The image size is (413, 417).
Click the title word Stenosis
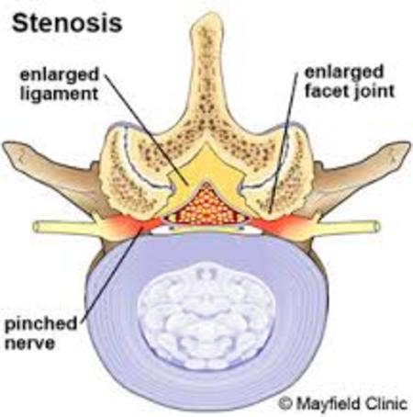67,23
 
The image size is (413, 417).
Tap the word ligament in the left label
59,94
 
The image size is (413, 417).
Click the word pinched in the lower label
41,323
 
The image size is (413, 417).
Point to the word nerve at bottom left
29,344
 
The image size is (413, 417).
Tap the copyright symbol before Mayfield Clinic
285,403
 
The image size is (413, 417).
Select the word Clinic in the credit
385,403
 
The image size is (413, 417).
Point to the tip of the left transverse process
6,146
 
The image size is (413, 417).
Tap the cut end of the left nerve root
37,227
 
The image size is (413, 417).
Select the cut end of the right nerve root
377,227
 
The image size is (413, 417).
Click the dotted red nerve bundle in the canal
206,206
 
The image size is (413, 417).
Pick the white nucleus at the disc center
206,315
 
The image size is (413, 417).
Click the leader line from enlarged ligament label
147,130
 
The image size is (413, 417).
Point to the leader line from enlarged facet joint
283,142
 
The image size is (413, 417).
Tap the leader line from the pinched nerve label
112,274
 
